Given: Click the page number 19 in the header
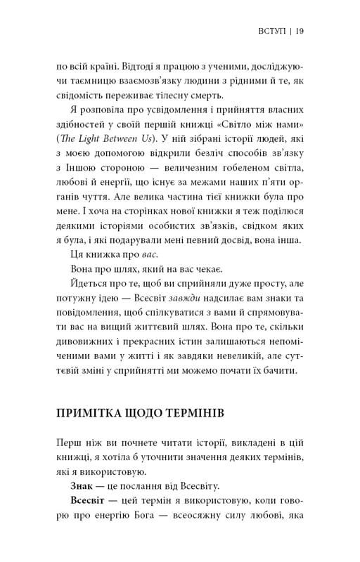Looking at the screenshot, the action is [x=300, y=30].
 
